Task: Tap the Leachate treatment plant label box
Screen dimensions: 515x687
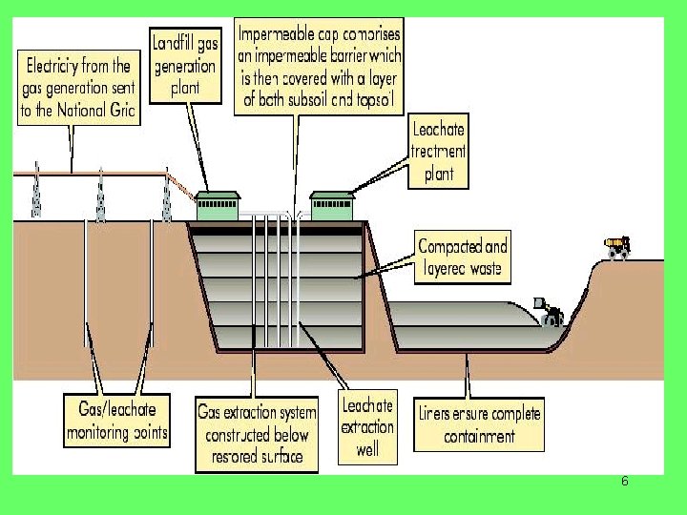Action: tap(438, 150)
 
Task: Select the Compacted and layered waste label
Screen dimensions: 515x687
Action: tap(462, 257)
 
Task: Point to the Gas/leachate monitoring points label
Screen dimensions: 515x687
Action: tap(117, 421)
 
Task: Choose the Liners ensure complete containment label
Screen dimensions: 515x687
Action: tap(479, 424)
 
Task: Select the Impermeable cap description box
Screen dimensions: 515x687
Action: tap(319, 64)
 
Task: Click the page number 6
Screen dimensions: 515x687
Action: tap(624, 481)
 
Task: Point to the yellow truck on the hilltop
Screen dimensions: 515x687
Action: tap(619, 247)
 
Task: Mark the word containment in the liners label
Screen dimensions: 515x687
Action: tap(479, 437)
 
